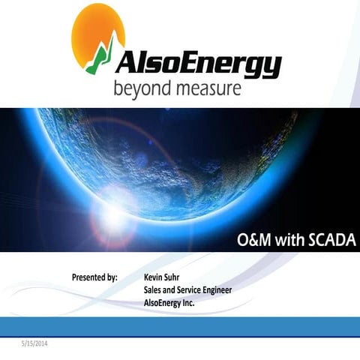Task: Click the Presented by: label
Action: click(x=94, y=277)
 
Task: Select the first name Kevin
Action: click(x=154, y=277)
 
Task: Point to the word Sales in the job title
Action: click(x=154, y=290)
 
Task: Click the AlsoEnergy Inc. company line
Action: click(x=169, y=303)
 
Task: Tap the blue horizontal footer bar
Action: click(x=180, y=325)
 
